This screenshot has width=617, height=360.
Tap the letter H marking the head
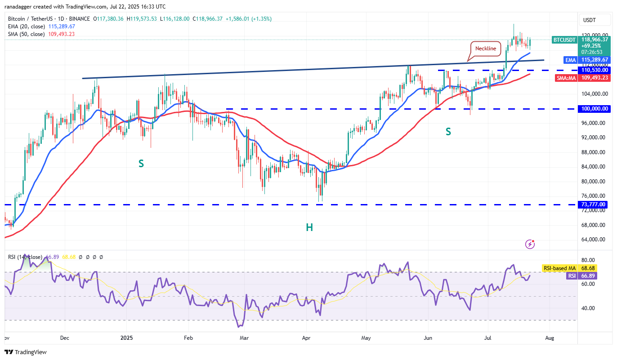coord(309,228)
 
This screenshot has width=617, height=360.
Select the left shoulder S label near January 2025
coord(141,164)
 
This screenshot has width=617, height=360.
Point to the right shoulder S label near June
coord(448,132)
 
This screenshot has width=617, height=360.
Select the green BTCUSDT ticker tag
coord(564,40)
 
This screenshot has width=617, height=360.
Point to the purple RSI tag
coord(572,276)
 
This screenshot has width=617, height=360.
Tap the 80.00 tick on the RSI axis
coord(589,260)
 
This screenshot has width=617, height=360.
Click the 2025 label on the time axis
coord(127,337)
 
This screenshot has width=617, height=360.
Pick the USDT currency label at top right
coord(589,20)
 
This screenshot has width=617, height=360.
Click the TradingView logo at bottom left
coord(26,352)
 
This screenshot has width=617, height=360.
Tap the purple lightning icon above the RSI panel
coord(530,244)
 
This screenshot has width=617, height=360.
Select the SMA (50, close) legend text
coord(26,34)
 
